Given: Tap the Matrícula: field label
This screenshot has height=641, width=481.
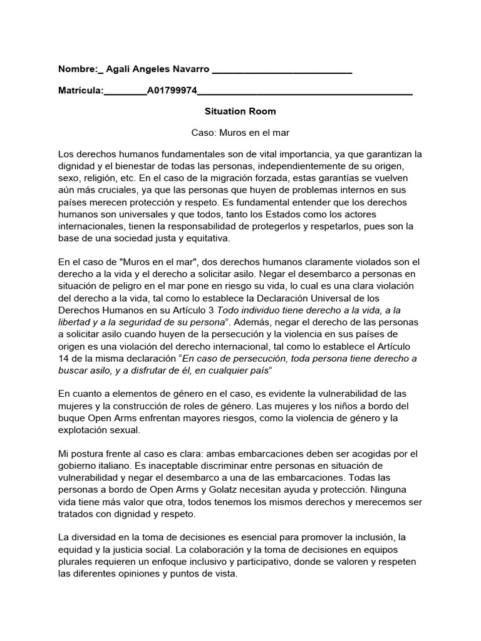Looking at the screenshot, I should (x=80, y=91).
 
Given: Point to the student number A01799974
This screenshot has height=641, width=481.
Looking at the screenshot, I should (x=172, y=91).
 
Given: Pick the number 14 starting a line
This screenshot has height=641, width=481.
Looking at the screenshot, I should (x=64, y=358).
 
